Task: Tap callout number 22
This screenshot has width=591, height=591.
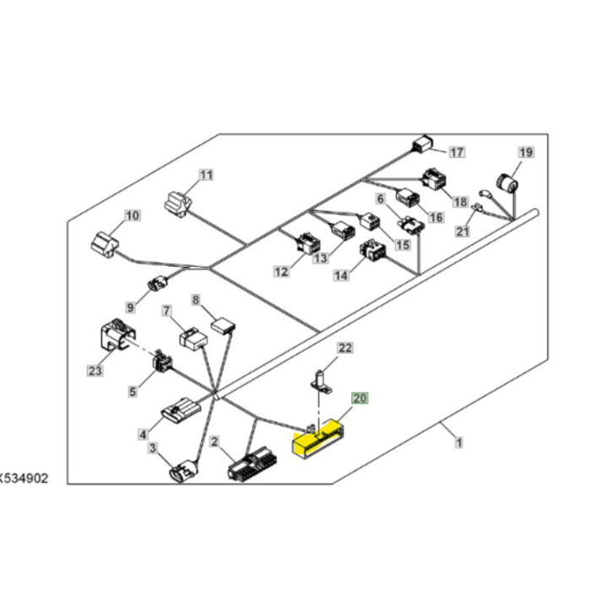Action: tap(345, 347)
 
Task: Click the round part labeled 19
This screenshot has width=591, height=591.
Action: tap(507, 182)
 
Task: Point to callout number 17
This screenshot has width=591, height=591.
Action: tap(456, 153)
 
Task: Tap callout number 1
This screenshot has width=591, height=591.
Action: tap(458, 442)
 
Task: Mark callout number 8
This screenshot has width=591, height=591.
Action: tap(195, 300)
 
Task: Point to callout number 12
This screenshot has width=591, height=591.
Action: tap(281, 272)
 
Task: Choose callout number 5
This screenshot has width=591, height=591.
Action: tap(133, 391)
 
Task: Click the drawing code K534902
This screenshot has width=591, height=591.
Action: tap(24, 478)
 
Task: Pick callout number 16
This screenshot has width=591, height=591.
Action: tap(436, 217)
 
